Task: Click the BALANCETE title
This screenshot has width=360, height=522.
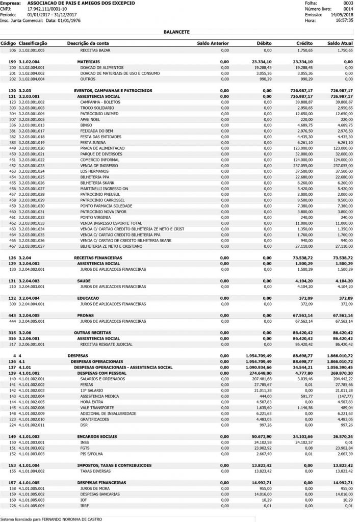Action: pyautogui.click(x=176, y=31)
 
